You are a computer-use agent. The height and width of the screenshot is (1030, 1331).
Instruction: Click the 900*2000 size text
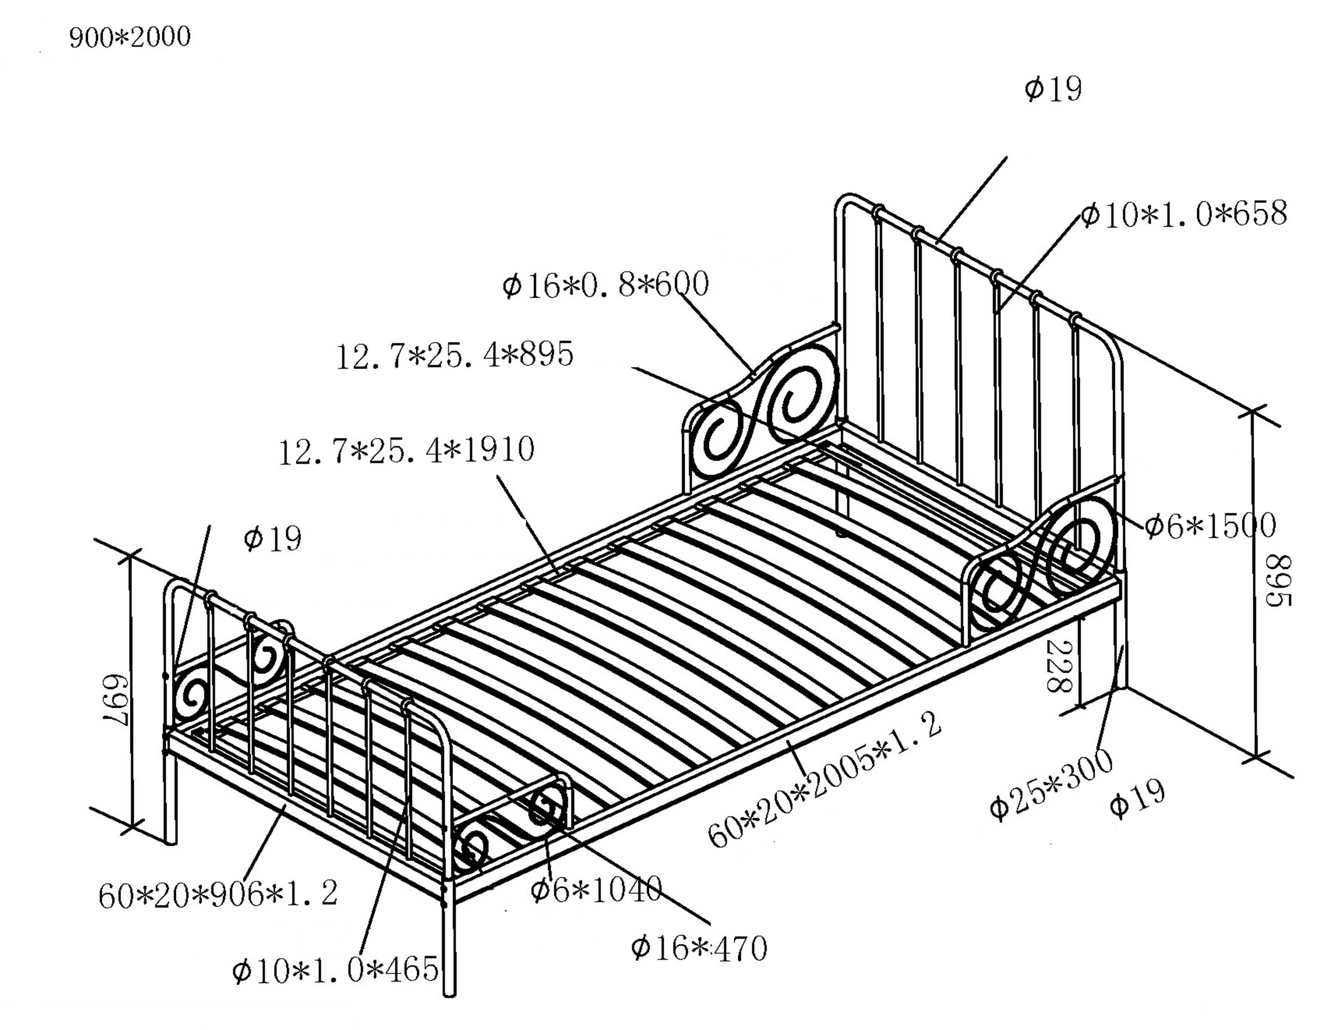coord(130,38)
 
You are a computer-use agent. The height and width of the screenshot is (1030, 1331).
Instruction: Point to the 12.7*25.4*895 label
coord(455,355)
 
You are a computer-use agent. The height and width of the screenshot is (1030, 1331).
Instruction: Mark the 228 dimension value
coord(1059,666)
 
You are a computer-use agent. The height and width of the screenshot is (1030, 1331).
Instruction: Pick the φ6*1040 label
coord(595,889)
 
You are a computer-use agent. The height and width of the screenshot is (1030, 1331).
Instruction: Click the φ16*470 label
coord(699,949)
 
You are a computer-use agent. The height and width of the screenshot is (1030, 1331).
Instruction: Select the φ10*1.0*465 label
coord(335,969)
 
